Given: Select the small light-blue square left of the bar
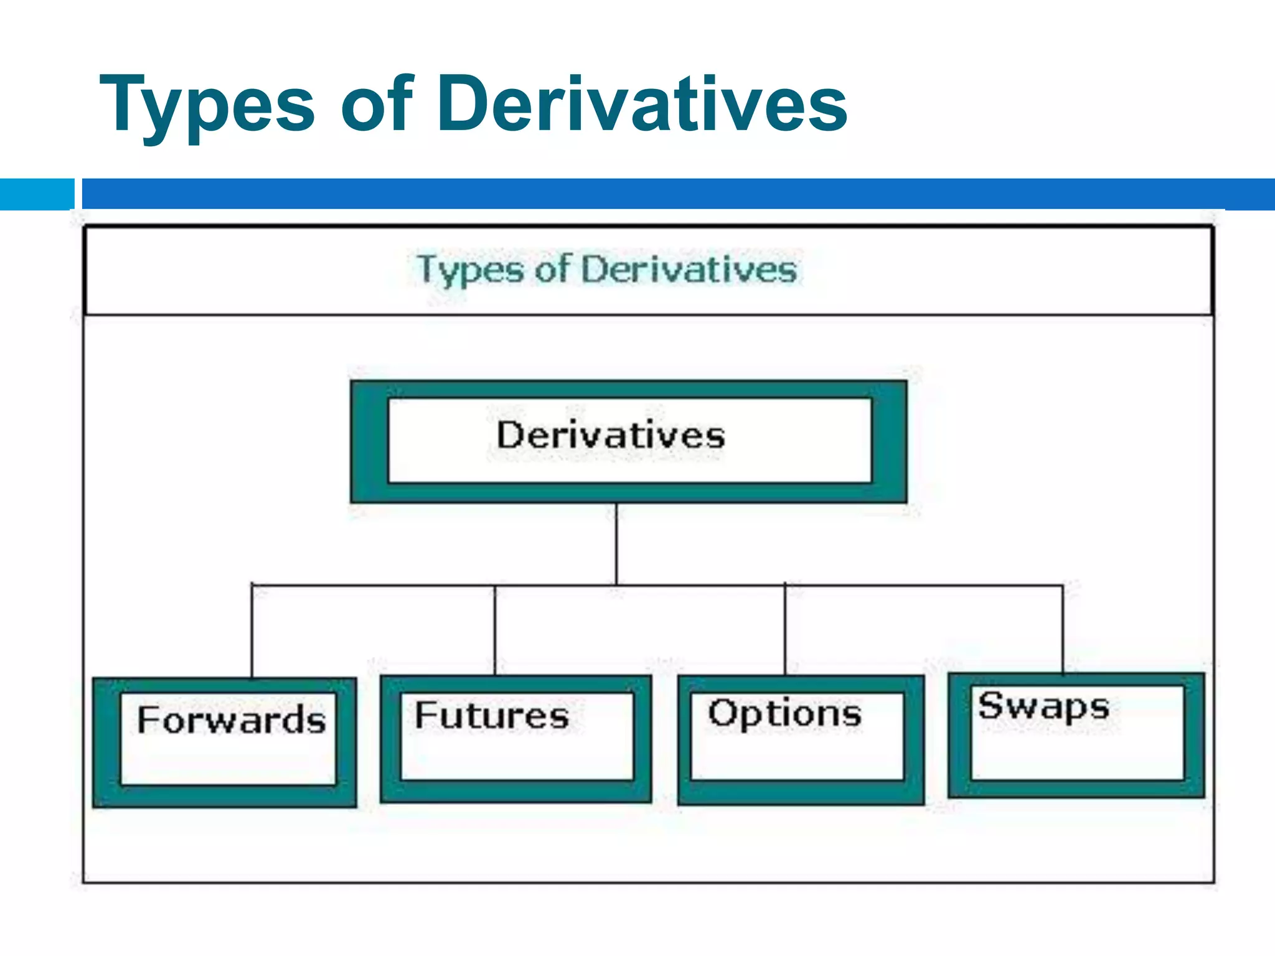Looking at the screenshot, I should click(37, 194).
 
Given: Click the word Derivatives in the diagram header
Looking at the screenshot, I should click(689, 270).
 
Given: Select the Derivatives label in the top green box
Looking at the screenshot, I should click(611, 435).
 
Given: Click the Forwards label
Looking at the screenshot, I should click(231, 721).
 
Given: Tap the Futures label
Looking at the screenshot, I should click(492, 716).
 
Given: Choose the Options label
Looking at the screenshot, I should click(785, 713).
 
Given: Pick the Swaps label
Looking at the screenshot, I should click(1043, 707).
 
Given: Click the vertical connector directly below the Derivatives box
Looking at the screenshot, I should click(616, 543).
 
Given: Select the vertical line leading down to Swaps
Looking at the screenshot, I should click(1063, 629).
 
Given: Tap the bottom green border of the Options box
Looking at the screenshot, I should click(801, 792).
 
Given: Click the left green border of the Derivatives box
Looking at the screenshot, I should click(369, 441).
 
